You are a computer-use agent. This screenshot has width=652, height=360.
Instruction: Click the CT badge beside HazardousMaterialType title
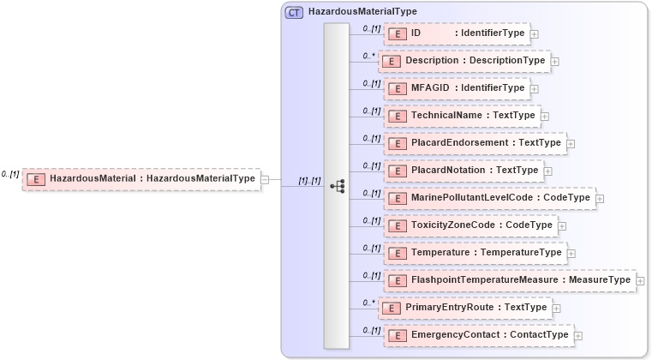pos(294,13)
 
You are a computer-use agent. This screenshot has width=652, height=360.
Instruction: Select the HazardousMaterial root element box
pos(141,179)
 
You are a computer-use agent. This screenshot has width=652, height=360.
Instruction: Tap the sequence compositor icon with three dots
pos(337,186)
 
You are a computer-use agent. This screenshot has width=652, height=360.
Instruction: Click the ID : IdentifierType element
pos(456,33)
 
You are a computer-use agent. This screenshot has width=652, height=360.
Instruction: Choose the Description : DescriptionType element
pos(464,61)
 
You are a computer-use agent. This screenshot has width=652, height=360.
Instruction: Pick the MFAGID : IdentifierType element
pos(456,88)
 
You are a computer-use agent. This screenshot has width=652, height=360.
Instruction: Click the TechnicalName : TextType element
pos(461,116)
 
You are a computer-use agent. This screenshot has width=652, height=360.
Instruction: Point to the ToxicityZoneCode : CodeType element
pos(470,225)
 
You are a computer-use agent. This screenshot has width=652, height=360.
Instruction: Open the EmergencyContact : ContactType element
pos(477,335)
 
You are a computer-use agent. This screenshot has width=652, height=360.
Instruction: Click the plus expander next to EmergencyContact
pos(578,335)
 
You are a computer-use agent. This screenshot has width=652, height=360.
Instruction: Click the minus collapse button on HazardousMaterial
pos(265,179)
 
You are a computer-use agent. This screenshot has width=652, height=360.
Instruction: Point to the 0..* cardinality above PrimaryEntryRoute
pos(369,302)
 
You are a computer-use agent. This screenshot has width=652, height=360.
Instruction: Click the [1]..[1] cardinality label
pos(309,181)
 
